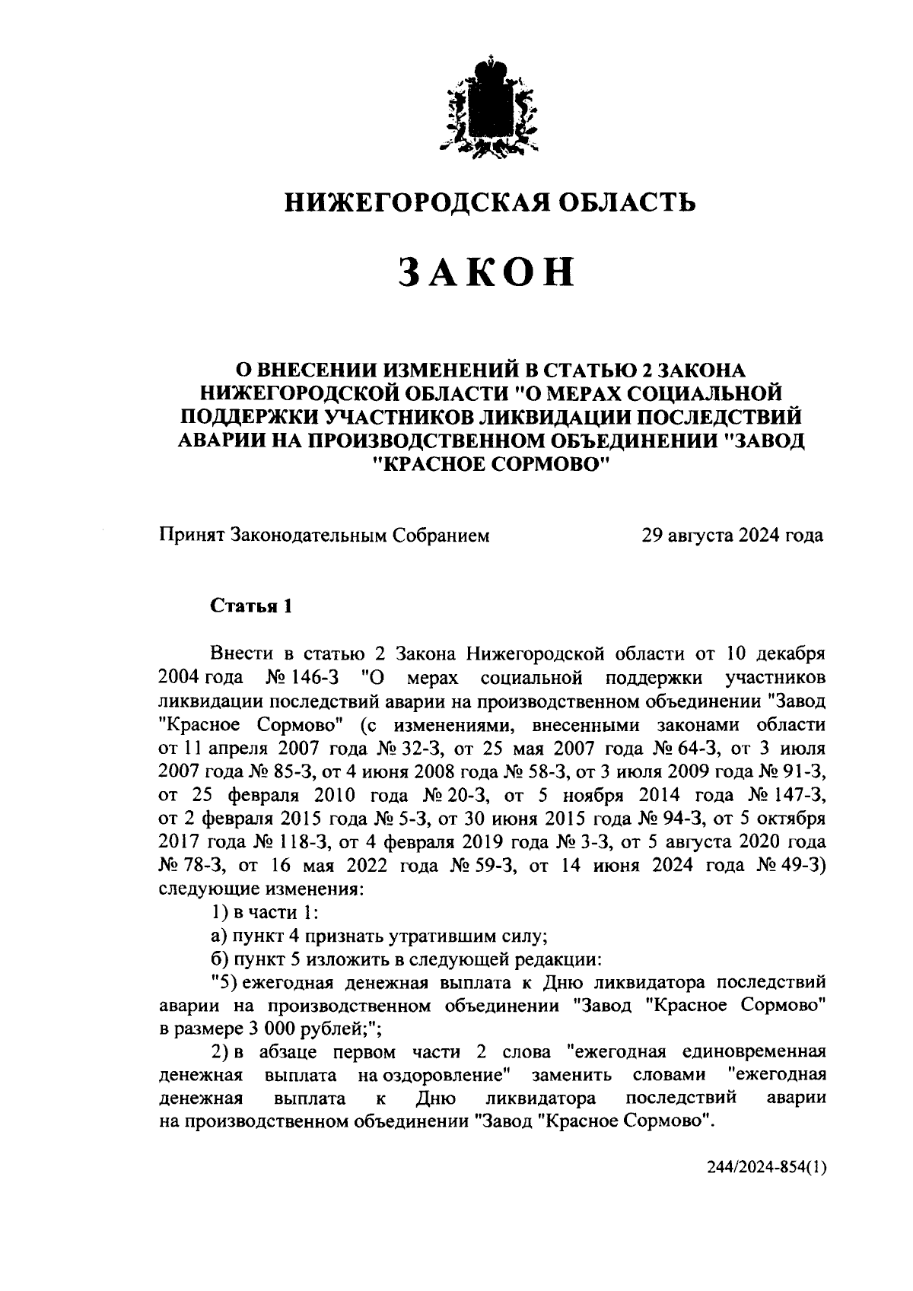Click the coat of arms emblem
[x=487, y=107]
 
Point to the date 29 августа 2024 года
[x=732, y=536]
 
